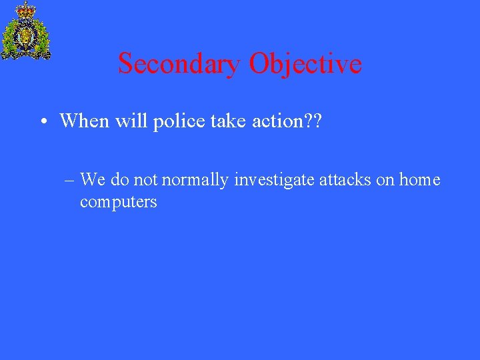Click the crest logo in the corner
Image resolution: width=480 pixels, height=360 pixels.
click(x=26, y=31)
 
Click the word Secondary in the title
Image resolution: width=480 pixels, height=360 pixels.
click(x=179, y=64)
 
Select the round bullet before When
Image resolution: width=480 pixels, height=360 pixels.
click(x=42, y=122)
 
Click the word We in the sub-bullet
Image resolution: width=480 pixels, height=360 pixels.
click(x=93, y=179)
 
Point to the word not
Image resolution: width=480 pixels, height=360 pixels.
click(x=145, y=179)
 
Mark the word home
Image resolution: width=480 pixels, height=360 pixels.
click(x=420, y=179)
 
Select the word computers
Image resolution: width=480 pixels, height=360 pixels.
click(x=118, y=202)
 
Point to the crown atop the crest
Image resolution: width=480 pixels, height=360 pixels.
click(x=26, y=9)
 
